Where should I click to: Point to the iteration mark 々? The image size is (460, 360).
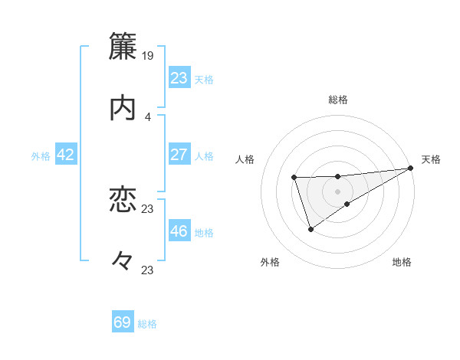click(x=123, y=260)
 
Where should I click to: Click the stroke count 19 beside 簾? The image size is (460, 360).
click(x=148, y=55)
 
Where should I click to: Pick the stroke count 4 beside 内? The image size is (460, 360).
click(x=148, y=116)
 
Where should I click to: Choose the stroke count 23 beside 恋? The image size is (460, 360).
click(x=148, y=208)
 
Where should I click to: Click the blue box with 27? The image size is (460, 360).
click(x=179, y=155)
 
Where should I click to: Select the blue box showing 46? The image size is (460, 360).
click(x=179, y=231)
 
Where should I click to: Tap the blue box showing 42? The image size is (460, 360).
click(x=66, y=155)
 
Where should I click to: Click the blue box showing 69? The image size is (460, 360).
click(x=123, y=322)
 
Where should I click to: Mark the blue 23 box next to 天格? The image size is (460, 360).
click(x=179, y=78)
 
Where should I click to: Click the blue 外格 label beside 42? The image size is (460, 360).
click(x=41, y=156)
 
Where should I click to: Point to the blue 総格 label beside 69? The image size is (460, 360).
click(x=147, y=324)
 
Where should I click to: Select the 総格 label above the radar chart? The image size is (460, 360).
click(x=338, y=100)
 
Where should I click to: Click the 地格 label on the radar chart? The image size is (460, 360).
click(x=402, y=263)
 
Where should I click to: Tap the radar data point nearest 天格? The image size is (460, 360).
click(x=411, y=169)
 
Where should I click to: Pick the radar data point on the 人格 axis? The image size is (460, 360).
click(x=294, y=178)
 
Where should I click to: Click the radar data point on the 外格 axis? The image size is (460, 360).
click(x=310, y=228)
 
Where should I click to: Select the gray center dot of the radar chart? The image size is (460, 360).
click(x=338, y=191)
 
